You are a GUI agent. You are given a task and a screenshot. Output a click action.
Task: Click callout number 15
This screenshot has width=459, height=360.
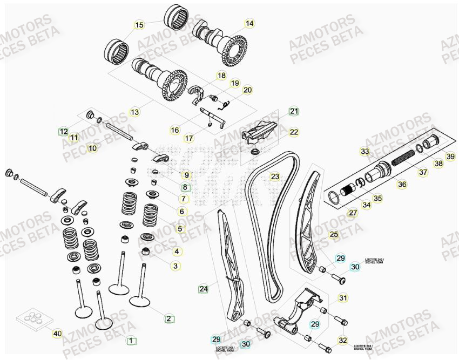tap(139, 25)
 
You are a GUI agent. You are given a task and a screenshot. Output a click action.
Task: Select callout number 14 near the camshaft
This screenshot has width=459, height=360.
tap(249, 23)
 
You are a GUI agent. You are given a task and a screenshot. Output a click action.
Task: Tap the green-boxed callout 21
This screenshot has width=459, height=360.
tap(293, 111)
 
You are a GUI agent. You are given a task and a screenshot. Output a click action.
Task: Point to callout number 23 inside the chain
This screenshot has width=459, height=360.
tap(275, 176)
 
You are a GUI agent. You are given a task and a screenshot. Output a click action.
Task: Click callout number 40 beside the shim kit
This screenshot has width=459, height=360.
tap(57, 334)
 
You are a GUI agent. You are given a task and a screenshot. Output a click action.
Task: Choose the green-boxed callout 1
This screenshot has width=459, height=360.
tap(130, 341)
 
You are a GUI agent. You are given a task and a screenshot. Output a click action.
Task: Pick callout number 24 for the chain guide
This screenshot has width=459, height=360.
tap(203, 289)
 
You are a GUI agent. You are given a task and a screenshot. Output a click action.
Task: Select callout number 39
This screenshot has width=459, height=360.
tap(450, 156)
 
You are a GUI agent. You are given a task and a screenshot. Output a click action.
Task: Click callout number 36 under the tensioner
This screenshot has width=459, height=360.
tap(402, 184)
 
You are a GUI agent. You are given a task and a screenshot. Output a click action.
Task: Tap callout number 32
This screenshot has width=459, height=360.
tap(342, 340)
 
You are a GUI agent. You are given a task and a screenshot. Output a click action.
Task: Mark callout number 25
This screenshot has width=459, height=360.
tap(334, 234)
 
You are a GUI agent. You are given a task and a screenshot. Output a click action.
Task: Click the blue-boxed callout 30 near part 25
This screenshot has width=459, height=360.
tap(354, 266)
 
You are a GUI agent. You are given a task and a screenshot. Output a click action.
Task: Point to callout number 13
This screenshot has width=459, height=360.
tap(134, 112)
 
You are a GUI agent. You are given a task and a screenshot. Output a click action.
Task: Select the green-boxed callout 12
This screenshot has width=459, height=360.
tap(64, 131)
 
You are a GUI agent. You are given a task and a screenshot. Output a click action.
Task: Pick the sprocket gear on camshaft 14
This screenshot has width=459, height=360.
tap(235, 48)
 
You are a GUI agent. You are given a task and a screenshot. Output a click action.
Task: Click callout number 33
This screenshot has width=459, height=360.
tap(365, 151)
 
